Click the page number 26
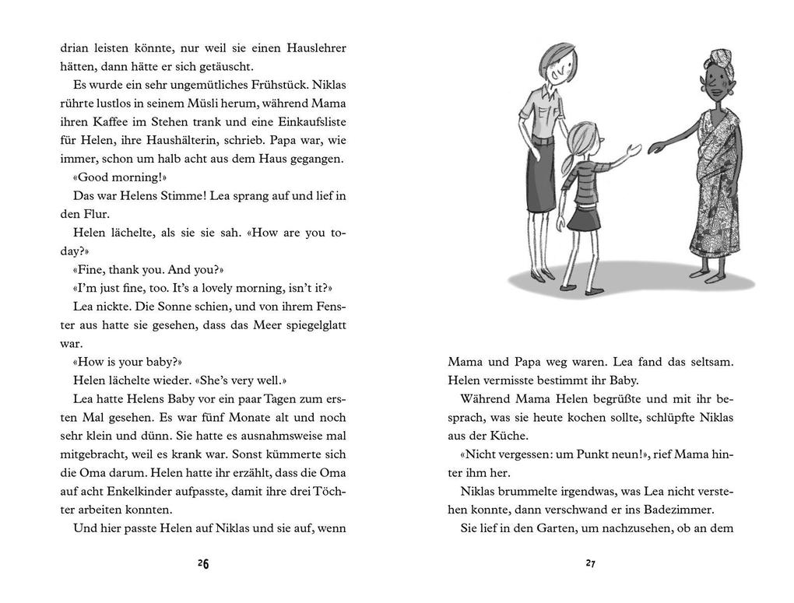(x=203, y=564)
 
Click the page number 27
(x=591, y=564)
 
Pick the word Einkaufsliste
(x=310, y=122)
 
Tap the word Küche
(x=507, y=436)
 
